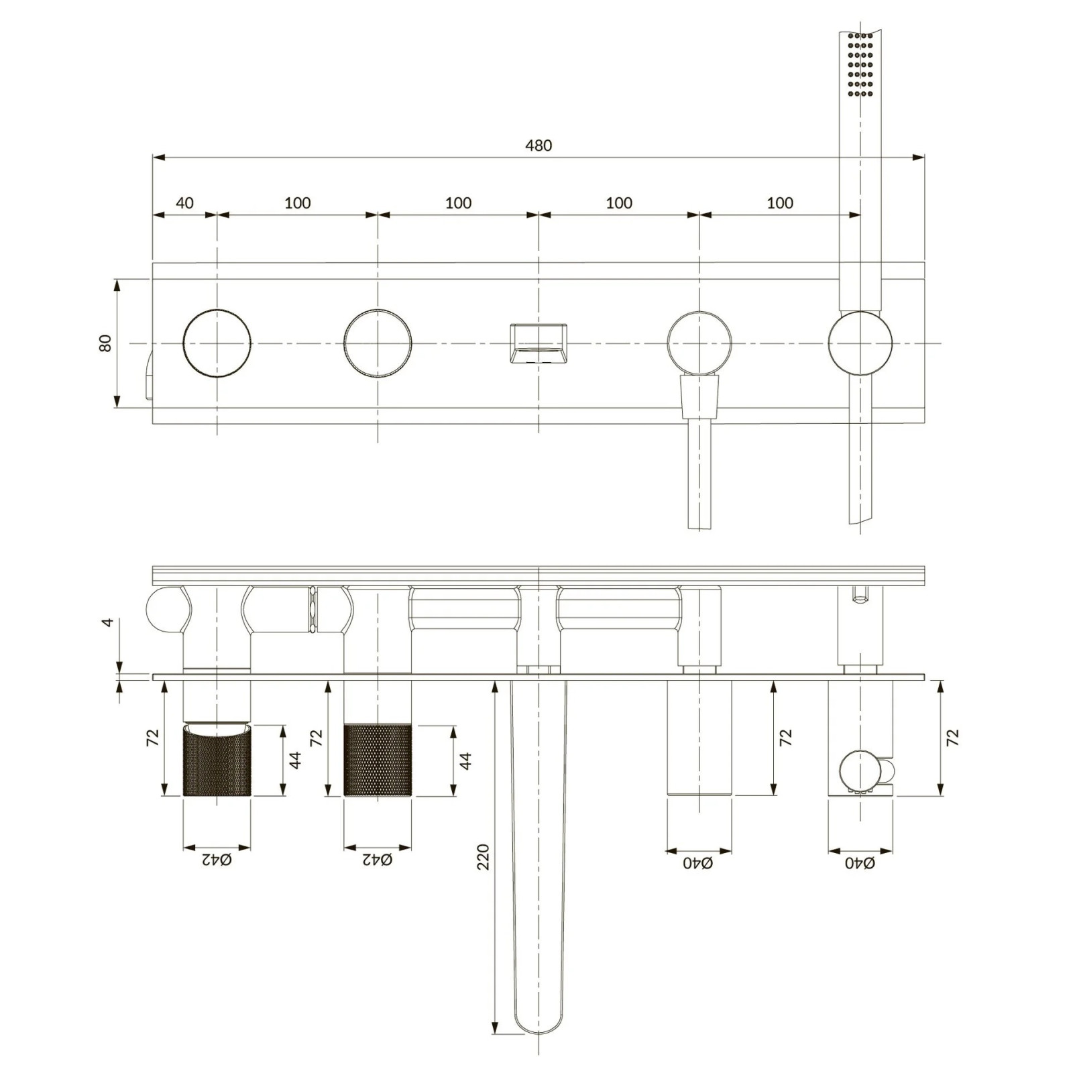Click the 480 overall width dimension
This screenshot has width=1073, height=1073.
[539, 146]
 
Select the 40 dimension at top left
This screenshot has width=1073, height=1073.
[184, 203]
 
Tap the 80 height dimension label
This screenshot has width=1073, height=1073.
[105, 343]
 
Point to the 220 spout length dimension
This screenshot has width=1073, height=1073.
[483, 857]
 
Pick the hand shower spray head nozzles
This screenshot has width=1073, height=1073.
[860, 64]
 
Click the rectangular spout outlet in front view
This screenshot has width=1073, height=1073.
[539, 344]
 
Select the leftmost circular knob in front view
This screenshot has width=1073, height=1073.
[217, 343]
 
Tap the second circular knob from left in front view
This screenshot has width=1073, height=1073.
[378, 343]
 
